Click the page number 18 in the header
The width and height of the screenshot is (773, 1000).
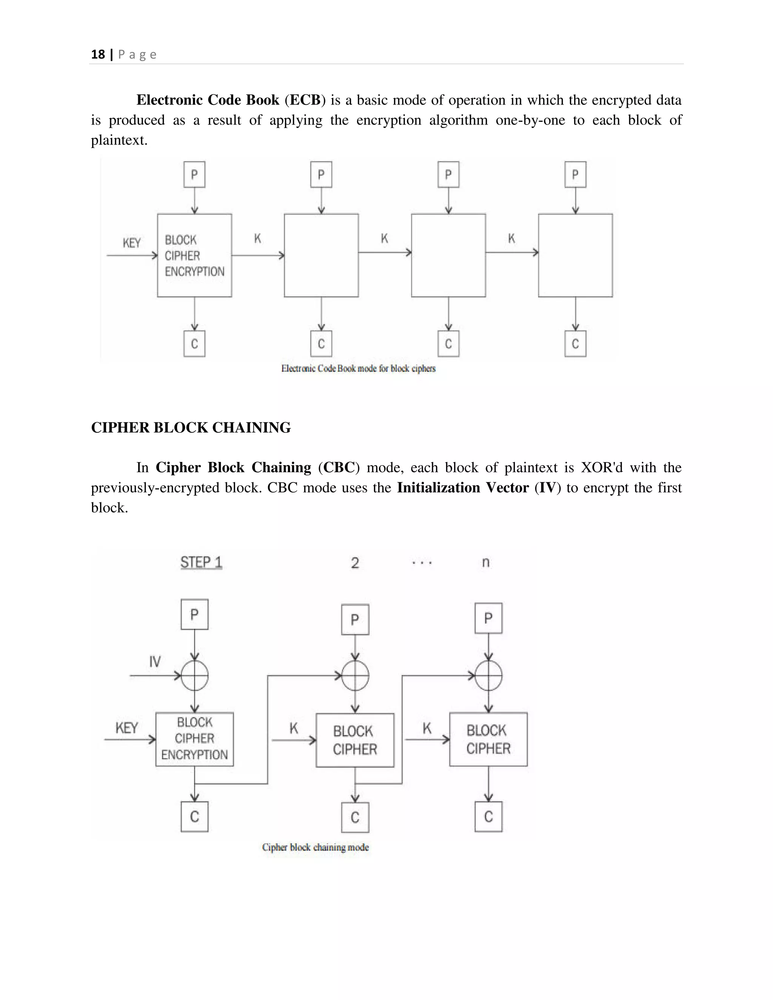coord(98,54)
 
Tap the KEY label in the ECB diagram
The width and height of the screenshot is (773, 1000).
coord(131,243)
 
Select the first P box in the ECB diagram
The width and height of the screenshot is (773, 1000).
coord(194,174)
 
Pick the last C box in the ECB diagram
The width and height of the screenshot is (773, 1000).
coord(575,343)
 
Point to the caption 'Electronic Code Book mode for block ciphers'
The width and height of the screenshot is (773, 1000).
coord(358,369)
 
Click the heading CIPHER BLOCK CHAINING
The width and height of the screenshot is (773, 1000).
coord(191,428)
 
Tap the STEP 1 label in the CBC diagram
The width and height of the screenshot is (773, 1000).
coord(201,562)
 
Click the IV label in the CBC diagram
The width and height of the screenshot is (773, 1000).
coord(155,662)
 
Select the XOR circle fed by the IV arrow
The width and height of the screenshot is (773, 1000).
coord(195,675)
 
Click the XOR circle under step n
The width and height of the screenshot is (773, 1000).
coord(488,675)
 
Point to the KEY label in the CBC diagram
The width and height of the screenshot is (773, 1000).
coord(126,728)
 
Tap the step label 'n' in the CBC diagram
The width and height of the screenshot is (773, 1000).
coord(486,562)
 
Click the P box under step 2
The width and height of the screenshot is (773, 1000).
coord(355,620)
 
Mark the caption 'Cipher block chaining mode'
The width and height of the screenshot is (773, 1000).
coord(315,847)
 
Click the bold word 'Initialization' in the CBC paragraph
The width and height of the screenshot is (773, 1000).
coord(438,488)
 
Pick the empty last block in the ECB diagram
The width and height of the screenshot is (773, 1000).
coord(575,255)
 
